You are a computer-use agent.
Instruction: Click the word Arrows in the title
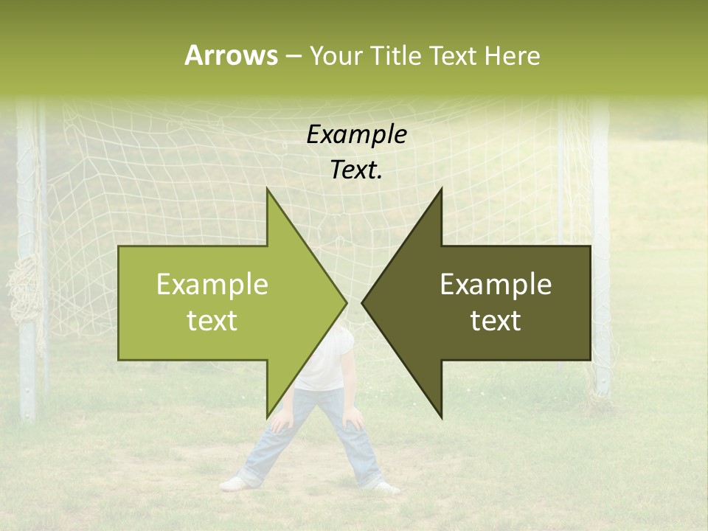tap(231, 55)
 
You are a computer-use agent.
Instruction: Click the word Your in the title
tap(336, 56)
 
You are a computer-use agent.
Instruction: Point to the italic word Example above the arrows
tap(356, 134)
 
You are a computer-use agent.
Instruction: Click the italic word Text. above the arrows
tap(356, 170)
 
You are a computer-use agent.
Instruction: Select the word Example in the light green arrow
tap(212, 285)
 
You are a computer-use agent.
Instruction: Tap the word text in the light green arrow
tap(212, 321)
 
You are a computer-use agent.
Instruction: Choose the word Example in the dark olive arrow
tap(496, 285)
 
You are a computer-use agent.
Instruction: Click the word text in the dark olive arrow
tap(496, 321)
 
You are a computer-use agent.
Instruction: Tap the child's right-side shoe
tap(385, 487)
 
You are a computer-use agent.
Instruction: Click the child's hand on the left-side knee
tap(281, 423)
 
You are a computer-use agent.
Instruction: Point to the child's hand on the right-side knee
tap(355, 421)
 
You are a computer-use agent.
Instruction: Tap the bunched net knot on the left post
tap(24, 295)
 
